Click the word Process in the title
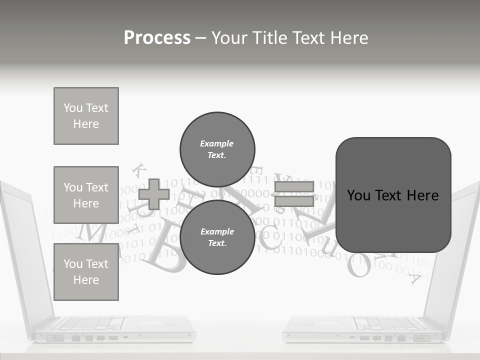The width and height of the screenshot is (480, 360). pyautogui.click(x=157, y=38)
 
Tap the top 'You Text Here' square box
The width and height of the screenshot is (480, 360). pyautogui.click(x=86, y=116)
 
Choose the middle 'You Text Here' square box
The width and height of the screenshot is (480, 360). pyautogui.click(x=86, y=195)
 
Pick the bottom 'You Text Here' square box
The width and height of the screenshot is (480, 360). pyautogui.click(x=86, y=272)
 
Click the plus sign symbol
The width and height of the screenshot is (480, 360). pyautogui.click(x=154, y=194)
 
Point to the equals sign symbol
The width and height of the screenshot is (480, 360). pyautogui.click(x=294, y=194)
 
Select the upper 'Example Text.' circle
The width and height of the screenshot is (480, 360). pyautogui.click(x=217, y=149)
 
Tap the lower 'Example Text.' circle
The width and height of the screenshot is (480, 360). pyautogui.click(x=217, y=237)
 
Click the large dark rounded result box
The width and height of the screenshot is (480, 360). pyautogui.click(x=393, y=195)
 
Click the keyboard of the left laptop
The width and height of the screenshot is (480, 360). pyautogui.click(x=90, y=323)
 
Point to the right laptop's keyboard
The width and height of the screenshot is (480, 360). pyautogui.click(x=390, y=323)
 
